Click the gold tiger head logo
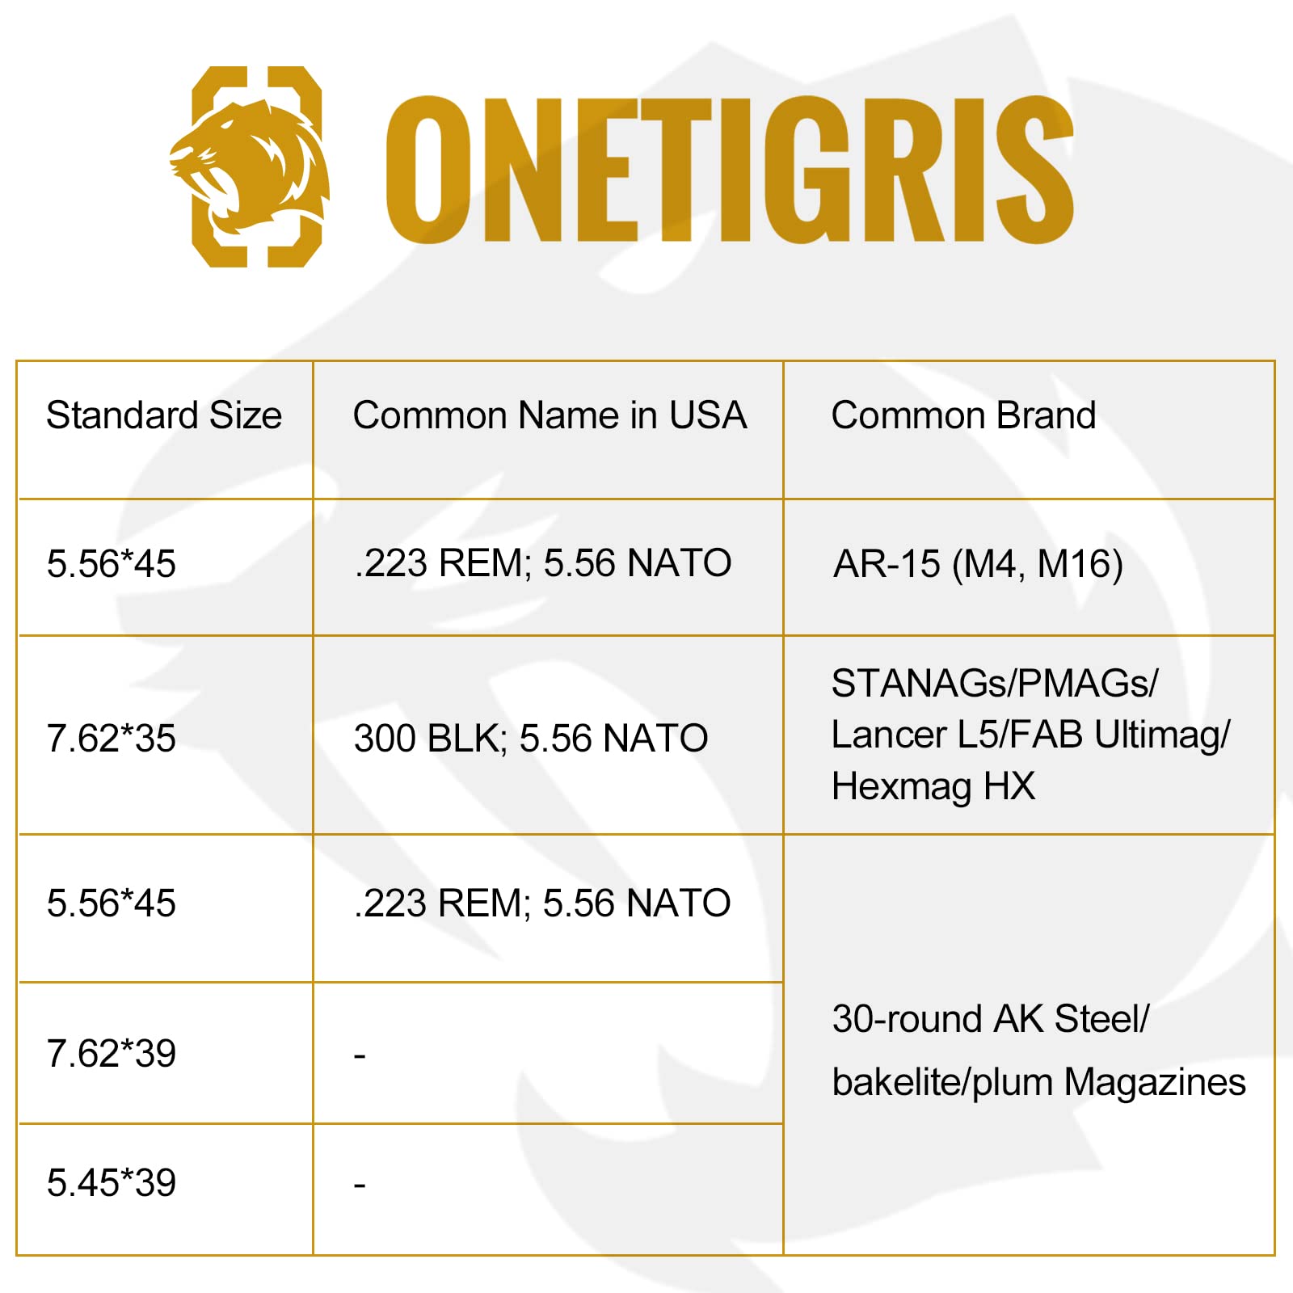251,166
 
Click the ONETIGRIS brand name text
729,169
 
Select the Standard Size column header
164,415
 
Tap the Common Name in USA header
550,415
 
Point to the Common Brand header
963,415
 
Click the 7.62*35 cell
112,739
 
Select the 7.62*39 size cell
112,1054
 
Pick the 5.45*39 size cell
112,1183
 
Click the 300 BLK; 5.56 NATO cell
531,739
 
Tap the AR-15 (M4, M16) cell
978,564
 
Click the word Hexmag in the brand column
901,787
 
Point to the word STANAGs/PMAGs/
995,684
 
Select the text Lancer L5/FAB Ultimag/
1030,735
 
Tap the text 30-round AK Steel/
991,1019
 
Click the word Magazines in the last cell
1155,1083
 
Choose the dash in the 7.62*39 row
360,1055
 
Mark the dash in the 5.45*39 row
360,1185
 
